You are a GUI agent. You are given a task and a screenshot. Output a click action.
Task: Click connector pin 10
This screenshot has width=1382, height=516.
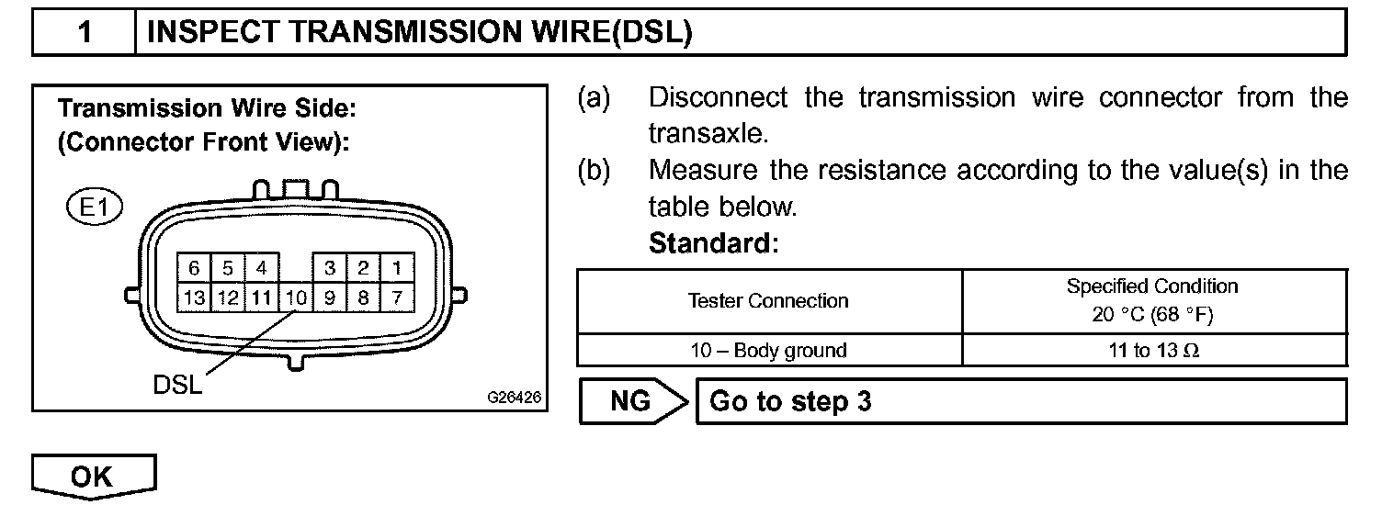coord(295,297)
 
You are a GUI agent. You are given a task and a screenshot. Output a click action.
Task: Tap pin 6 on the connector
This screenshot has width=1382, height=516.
coord(194,268)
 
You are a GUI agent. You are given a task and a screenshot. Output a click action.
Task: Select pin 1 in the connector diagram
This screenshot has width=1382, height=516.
coord(396,268)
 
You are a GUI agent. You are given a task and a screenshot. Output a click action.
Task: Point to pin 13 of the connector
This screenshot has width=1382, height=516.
coord(194,297)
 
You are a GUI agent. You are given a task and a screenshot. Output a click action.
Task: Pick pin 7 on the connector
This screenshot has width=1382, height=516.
coord(396,297)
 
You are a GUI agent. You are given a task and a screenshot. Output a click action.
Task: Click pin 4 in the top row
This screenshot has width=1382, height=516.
coord(261,268)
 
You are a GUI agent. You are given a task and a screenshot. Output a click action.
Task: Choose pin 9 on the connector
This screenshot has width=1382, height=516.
coord(329,297)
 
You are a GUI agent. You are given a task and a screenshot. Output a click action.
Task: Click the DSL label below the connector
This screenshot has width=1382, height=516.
coord(177,385)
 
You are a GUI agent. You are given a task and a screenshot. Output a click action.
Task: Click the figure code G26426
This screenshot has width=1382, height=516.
coord(514,398)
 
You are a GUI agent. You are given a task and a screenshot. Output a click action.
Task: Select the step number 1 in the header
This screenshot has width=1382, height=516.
coord(85,33)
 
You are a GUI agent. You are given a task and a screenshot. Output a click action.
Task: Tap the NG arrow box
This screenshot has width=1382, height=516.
coord(633,401)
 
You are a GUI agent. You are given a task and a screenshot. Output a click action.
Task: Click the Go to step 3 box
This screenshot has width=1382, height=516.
coord(1021,401)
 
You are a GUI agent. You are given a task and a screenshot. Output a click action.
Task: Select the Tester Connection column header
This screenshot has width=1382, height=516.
coord(769,301)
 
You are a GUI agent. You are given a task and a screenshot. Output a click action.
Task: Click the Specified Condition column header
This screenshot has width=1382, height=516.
coord(1152,300)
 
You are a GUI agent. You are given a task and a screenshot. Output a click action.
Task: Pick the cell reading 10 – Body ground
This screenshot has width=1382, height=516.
coord(769,350)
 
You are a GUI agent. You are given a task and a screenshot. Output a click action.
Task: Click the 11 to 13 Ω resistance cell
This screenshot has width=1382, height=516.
coord(1152,350)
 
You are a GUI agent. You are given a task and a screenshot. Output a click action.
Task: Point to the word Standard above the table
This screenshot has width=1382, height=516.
coord(713,244)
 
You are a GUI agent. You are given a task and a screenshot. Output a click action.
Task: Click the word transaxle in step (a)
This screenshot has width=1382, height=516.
coord(707,133)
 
